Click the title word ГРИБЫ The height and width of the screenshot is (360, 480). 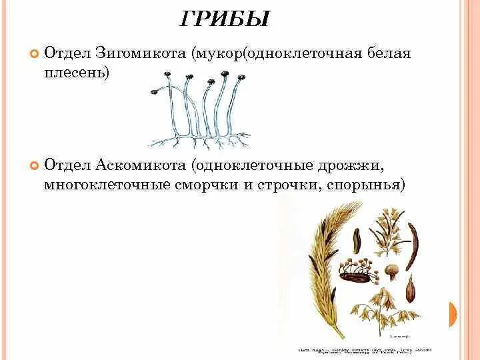[x=225, y=19]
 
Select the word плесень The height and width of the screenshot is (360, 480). [x=77, y=73]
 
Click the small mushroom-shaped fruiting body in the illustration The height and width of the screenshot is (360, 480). [x=392, y=270]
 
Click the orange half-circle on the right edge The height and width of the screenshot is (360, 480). [x=453, y=313]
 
